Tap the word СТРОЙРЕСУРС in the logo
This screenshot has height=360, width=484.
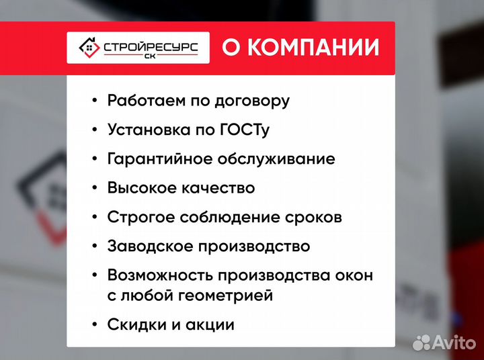click(x=150, y=47)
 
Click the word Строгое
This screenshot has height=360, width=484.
click(x=137, y=218)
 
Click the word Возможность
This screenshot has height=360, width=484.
click(x=159, y=276)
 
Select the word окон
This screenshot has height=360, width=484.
click(x=356, y=276)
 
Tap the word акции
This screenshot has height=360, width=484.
click(x=211, y=325)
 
